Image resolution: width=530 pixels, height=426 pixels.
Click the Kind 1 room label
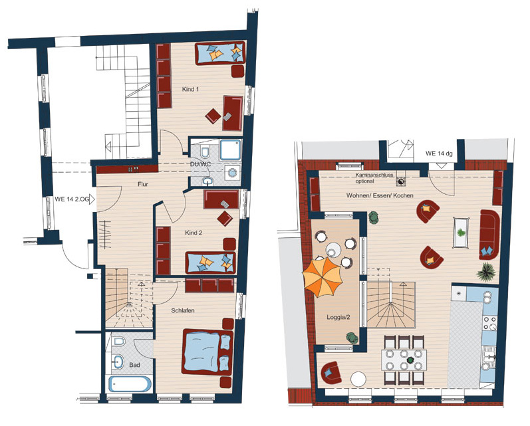[x=190, y=89]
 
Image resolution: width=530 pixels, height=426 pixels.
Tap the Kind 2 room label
[x=194, y=233]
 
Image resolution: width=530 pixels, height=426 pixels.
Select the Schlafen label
[x=183, y=310]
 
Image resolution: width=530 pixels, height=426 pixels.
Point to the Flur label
[x=143, y=184]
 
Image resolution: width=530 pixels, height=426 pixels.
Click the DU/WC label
[x=201, y=165]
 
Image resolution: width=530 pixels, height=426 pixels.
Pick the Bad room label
[x=134, y=365]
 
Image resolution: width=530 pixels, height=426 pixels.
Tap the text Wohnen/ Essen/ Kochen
[x=380, y=195]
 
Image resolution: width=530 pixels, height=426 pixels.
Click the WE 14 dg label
[x=439, y=154]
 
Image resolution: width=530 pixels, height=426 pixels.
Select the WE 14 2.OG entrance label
[x=72, y=199]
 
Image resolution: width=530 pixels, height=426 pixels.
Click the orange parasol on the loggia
[x=323, y=277]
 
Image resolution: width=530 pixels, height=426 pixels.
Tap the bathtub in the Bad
[x=130, y=384]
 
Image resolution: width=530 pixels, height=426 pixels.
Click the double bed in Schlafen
[x=207, y=352]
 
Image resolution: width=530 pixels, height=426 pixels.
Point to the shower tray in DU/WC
[x=231, y=150]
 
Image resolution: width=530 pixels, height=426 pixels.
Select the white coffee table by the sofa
[x=461, y=233]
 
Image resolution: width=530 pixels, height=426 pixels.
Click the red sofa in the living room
[x=489, y=235]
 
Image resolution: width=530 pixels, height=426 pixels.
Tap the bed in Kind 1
[x=219, y=53]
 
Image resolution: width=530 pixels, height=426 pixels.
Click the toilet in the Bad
[x=119, y=341]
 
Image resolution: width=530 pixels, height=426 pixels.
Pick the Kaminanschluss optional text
[x=374, y=178]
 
